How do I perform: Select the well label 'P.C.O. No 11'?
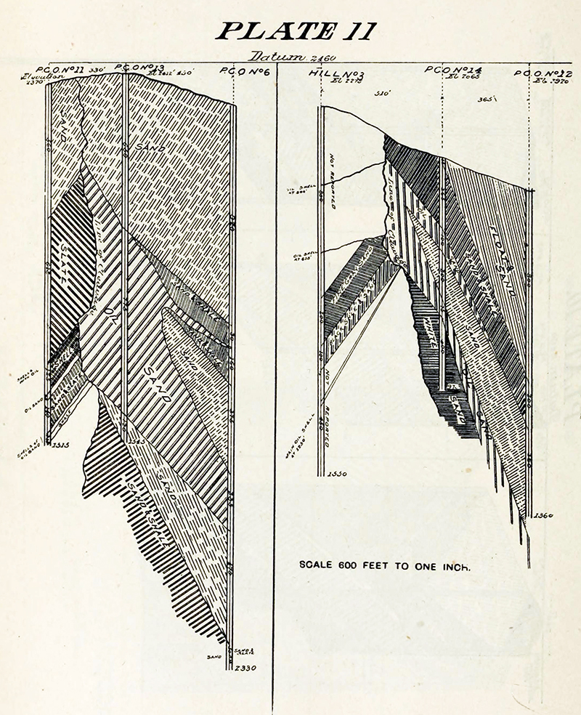[66, 69]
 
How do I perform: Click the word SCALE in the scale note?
[317, 564]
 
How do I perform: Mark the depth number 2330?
[241, 668]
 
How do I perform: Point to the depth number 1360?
[542, 516]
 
